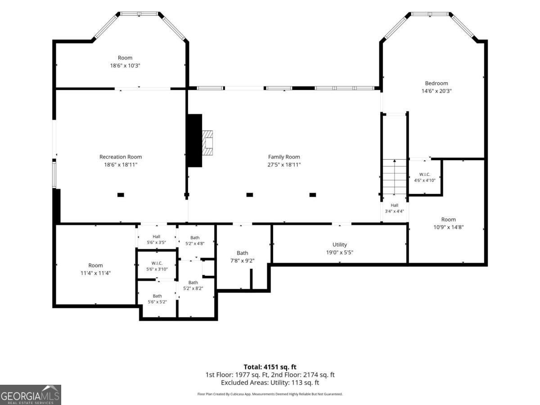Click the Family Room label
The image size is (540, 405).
[x=284, y=157]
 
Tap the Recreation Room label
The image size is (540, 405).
[x=121, y=157]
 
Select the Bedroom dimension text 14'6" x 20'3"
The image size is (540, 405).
[x=436, y=91]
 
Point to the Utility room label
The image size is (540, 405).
[x=339, y=244]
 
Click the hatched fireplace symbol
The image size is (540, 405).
[x=207, y=143]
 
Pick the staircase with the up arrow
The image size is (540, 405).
[x=394, y=176]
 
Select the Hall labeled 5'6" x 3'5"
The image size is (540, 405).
[x=157, y=237]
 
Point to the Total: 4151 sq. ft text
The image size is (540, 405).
[x=270, y=367]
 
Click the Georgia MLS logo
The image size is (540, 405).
[x=30, y=395]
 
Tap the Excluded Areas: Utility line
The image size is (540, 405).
[x=270, y=382]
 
